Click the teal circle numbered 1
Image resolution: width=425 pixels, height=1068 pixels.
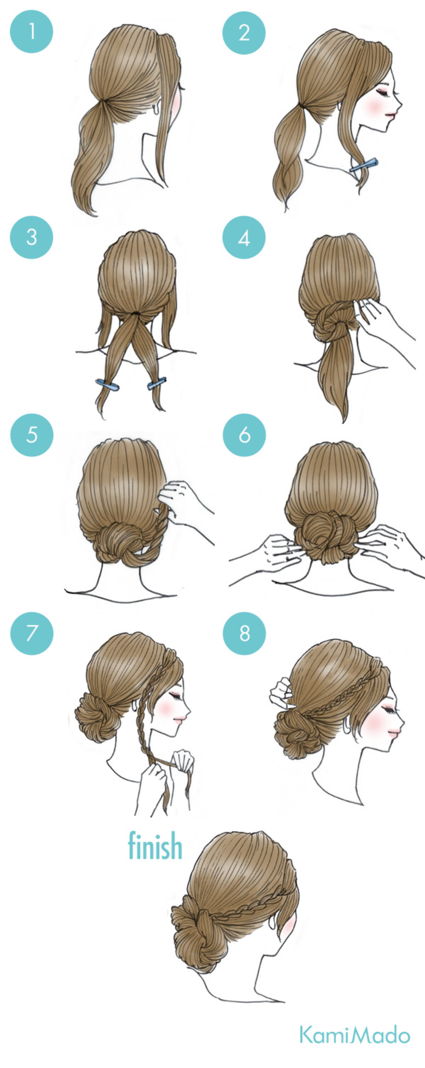click(32, 32)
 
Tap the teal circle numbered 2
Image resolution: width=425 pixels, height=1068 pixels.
click(244, 32)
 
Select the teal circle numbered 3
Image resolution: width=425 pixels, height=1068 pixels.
click(32, 237)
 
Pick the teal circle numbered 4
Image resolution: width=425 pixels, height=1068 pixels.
click(244, 237)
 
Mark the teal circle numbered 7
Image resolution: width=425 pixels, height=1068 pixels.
click(32, 634)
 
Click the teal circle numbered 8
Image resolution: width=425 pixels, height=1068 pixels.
click(244, 634)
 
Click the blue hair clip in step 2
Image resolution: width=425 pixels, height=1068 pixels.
click(364, 165)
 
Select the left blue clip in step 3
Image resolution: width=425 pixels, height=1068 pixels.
click(107, 385)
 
